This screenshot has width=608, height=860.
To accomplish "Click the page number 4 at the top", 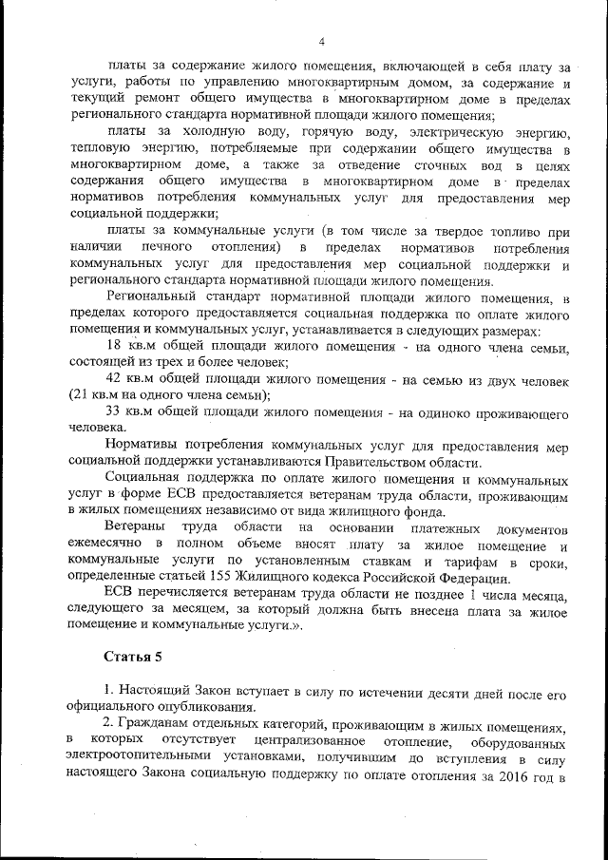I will [x=322, y=42].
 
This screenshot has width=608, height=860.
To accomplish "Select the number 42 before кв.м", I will [x=117, y=380].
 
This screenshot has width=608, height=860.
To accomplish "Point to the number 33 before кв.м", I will [x=117, y=413].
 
